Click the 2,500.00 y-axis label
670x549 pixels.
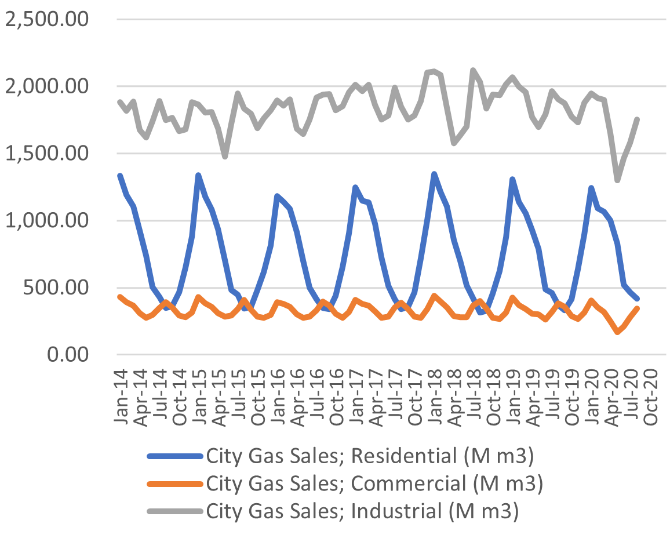click(46, 20)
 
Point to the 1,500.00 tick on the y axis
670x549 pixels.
click(46, 154)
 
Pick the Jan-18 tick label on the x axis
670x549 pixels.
click(435, 390)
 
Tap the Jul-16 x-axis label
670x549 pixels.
click(317, 390)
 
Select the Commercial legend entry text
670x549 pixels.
click(374, 483)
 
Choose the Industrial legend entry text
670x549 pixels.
click(362, 511)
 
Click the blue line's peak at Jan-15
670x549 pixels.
click(198, 175)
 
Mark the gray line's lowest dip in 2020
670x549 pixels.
click(618, 180)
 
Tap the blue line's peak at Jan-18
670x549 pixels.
click(434, 174)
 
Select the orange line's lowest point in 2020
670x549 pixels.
click(618, 332)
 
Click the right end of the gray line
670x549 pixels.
click(638, 119)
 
